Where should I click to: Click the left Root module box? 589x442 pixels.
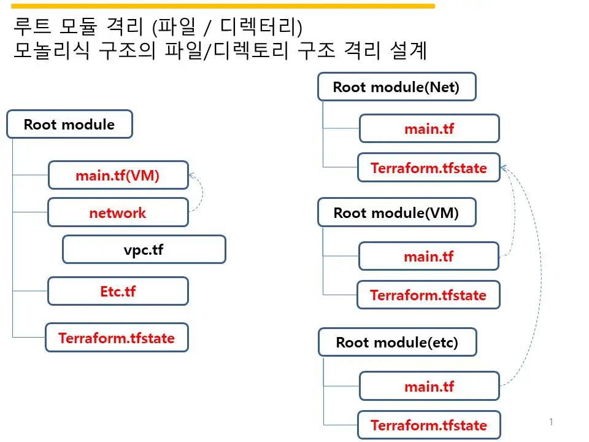(x=69, y=125)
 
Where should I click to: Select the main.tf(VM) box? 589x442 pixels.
(x=118, y=176)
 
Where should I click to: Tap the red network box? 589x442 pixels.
(x=118, y=213)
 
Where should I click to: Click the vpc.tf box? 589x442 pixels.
(x=144, y=250)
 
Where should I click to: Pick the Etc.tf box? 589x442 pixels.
(x=118, y=291)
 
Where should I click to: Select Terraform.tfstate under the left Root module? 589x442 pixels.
(x=117, y=338)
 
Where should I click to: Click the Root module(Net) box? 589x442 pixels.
(x=396, y=87)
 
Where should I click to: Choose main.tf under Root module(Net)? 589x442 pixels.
(x=429, y=129)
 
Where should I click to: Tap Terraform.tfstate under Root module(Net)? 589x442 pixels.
(x=429, y=168)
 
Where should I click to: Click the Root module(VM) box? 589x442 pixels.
(x=396, y=213)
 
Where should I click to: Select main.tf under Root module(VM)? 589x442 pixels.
(x=429, y=257)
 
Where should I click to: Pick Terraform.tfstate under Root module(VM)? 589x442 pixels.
(x=428, y=295)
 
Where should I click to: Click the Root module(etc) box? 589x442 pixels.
(x=397, y=343)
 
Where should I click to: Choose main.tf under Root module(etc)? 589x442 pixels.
(x=429, y=387)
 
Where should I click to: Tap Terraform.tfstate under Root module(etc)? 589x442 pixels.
(x=429, y=425)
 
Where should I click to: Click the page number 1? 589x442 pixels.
(x=551, y=422)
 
